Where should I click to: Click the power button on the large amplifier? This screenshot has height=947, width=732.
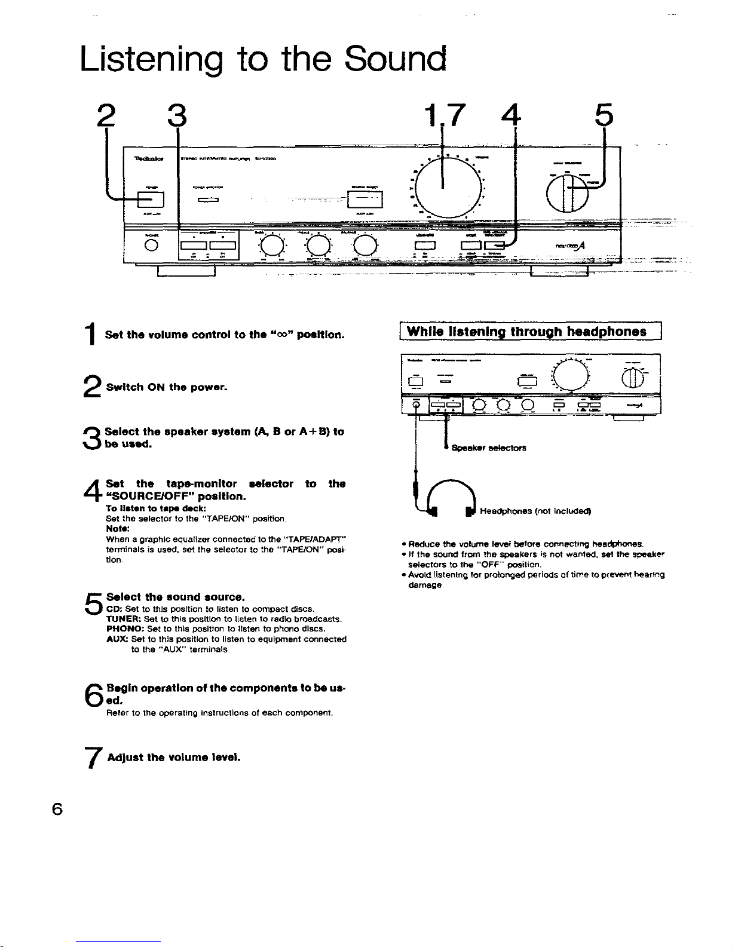pyautogui.click(x=147, y=196)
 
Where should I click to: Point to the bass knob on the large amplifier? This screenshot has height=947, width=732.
pyautogui.click(x=271, y=244)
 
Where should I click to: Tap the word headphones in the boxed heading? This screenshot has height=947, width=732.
pyautogui.click(x=607, y=331)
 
